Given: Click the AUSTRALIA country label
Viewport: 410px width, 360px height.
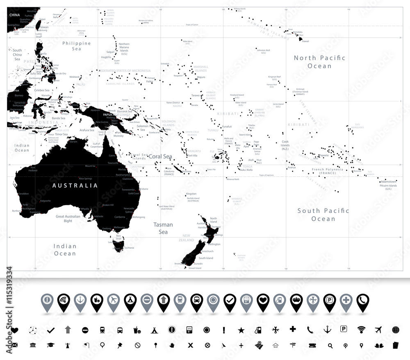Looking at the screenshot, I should pos(75,186).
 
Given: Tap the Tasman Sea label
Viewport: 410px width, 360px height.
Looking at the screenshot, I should pos(163,228).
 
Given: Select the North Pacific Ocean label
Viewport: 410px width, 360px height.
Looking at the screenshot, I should pos(319,62).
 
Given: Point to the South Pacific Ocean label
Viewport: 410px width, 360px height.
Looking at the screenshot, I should pos(323,215).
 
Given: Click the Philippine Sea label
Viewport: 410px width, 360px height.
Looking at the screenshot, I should pos(77,46).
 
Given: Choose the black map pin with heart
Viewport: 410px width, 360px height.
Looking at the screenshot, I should pos(263,302).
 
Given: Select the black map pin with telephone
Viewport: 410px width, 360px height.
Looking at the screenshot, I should pos(362,302).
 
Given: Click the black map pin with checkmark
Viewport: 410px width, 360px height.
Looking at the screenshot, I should pos(230,302).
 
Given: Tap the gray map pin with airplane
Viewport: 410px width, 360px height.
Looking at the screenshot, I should pos(114,302).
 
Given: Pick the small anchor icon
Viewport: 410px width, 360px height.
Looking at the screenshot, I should pos(327,329).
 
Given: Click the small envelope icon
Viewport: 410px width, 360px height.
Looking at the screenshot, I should pos(15,345).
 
